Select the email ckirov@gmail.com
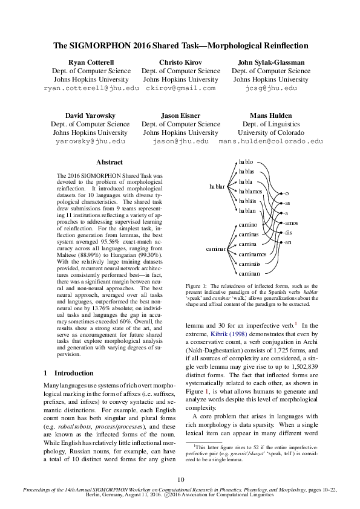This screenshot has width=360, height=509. (180, 88)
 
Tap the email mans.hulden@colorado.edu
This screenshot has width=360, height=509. (271, 141)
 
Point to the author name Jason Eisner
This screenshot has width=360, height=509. (180, 115)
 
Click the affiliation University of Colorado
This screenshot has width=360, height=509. (271, 132)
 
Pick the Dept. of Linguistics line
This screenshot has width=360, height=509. (271, 123)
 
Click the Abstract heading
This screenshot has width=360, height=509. (110, 162)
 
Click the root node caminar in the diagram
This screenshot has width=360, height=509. (216, 248)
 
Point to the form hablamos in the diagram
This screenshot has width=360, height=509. (250, 190)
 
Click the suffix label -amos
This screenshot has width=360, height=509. (290, 223)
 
